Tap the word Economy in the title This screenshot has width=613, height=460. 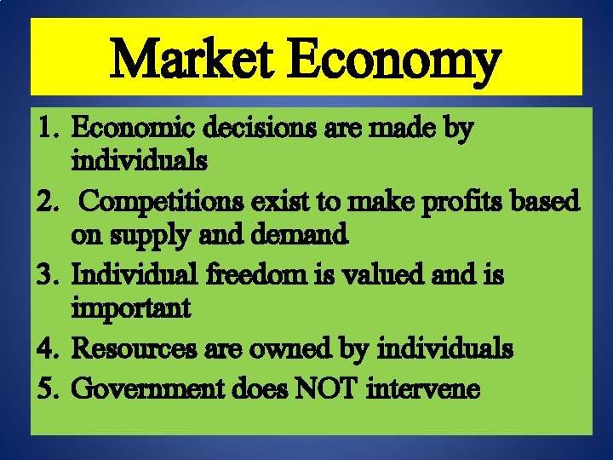click(400, 62)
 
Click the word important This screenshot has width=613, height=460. click(131, 308)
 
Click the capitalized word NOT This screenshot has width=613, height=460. click(328, 389)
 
